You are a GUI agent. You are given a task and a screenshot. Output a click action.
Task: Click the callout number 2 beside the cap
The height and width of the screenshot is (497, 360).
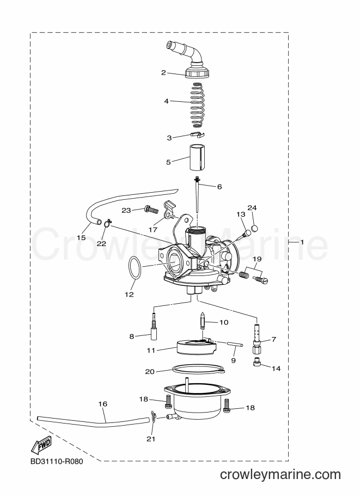coord(163,72)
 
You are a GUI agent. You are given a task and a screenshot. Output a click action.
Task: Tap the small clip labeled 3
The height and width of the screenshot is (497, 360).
coord(198,134)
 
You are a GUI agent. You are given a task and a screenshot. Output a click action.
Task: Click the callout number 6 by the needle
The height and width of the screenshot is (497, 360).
coord(219,187)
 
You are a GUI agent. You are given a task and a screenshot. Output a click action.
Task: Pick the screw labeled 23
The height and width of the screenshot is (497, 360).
coord(151,209)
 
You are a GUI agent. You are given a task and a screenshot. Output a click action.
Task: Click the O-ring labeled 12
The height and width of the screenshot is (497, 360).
coord(135,268)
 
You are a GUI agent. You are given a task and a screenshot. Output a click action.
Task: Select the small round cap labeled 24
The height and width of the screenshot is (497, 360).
coord(254,228)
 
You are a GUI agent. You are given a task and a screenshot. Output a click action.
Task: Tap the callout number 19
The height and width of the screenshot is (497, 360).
coord(257,259)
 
